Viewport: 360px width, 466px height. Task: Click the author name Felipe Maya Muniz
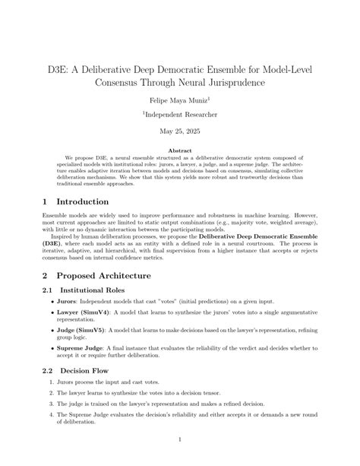coord(178,99)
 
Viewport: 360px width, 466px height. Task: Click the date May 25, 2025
coord(180,131)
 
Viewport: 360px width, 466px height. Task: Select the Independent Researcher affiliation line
coord(180,114)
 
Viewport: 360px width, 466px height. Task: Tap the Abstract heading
coord(180,151)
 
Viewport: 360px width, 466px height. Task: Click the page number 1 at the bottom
coord(180,439)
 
